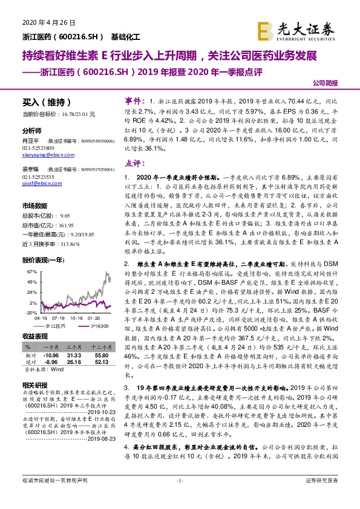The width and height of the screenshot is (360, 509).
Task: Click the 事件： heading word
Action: click(134, 99)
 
